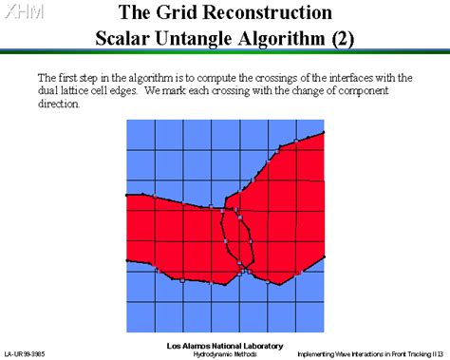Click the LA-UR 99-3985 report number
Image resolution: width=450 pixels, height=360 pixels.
click(x=24, y=353)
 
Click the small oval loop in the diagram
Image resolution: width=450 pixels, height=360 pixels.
click(x=238, y=237)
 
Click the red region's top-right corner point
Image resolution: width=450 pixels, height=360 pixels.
click(x=327, y=131)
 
